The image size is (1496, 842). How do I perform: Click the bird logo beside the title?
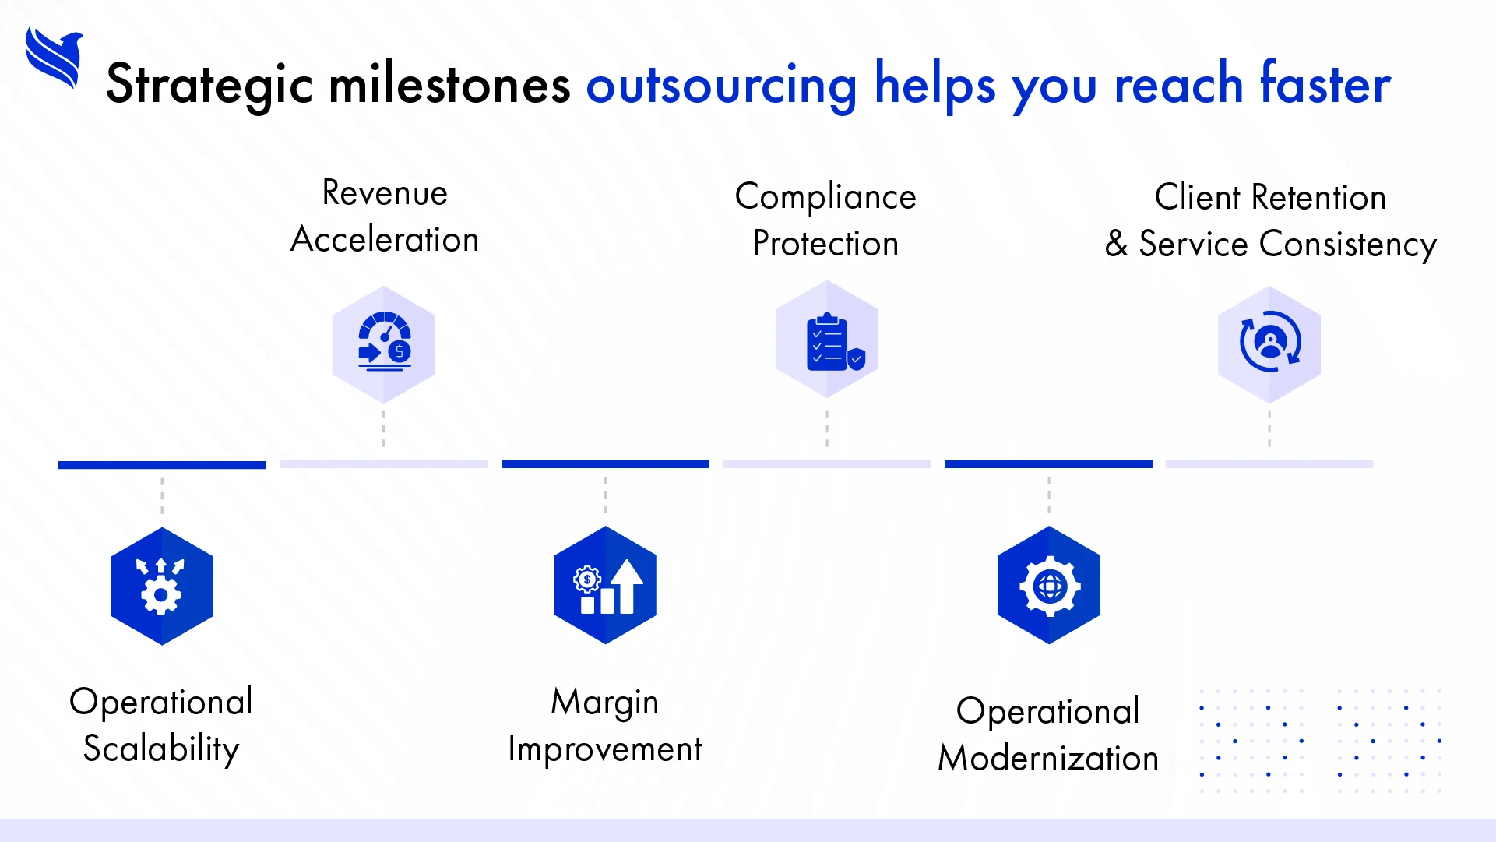click(54, 58)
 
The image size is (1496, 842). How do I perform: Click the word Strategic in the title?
click(209, 84)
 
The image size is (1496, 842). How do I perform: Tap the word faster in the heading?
click(1325, 84)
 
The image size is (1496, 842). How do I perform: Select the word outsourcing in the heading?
click(721, 86)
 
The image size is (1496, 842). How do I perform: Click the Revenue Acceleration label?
click(385, 217)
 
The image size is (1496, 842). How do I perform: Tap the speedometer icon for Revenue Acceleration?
click(384, 343)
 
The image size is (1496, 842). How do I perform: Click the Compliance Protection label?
click(825, 220)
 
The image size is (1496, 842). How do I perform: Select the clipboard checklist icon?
click(828, 341)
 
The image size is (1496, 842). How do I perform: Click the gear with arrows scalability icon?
click(162, 586)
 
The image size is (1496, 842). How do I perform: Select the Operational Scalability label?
click(161, 724)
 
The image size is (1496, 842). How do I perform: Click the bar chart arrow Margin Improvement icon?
click(606, 586)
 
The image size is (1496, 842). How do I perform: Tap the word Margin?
click(604, 702)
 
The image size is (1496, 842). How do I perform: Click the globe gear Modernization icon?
click(1048, 586)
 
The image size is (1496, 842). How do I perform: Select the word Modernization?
click(1048, 758)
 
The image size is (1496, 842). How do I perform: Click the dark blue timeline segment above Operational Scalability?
click(161, 465)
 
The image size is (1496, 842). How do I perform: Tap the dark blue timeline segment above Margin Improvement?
click(605, 464)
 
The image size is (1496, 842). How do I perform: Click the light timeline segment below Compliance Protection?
click(826, 464)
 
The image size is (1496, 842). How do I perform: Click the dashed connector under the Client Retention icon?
click(1269, 428)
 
